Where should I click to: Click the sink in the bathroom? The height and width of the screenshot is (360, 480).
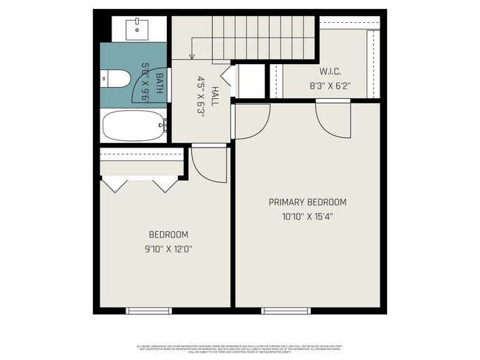point(138,29)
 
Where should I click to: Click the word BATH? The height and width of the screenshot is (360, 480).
point(159,77)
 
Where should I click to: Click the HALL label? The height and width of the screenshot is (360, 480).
point(215,96)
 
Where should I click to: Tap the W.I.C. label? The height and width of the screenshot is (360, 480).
point(329,72)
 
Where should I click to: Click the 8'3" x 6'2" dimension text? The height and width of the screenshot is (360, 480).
point(329,85)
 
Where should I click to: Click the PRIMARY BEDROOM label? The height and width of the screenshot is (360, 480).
point(307,202)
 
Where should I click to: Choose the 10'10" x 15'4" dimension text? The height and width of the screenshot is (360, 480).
point(307,216)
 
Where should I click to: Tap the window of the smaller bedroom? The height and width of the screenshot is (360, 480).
point(150,311)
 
